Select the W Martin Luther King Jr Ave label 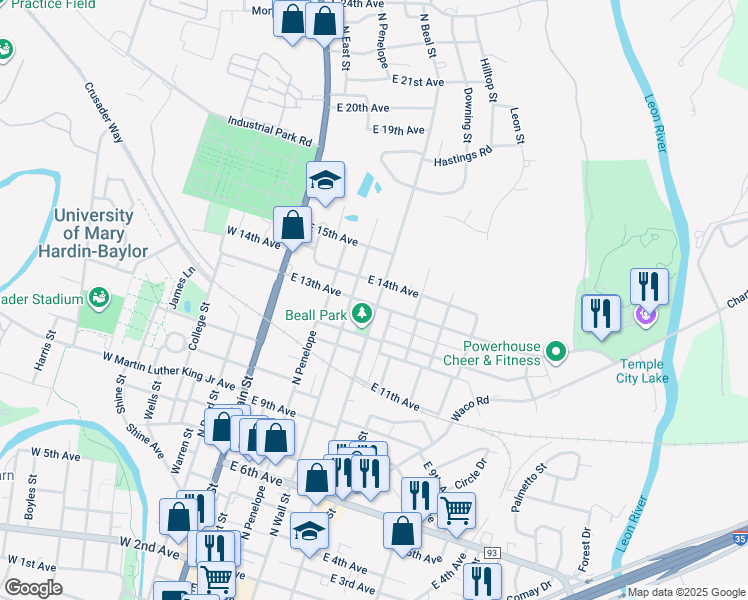click(x=168, y=369)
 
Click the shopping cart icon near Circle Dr click(x=456, y=510)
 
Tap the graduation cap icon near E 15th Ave click(x=325, y=181)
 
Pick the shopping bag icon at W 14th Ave click(x=292, y=224)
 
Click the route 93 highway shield click(x=491, y=553)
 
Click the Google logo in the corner click(x=33, y=588)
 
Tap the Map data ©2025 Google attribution click(x=686, y=592)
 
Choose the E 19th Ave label click(x=399, y=131)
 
